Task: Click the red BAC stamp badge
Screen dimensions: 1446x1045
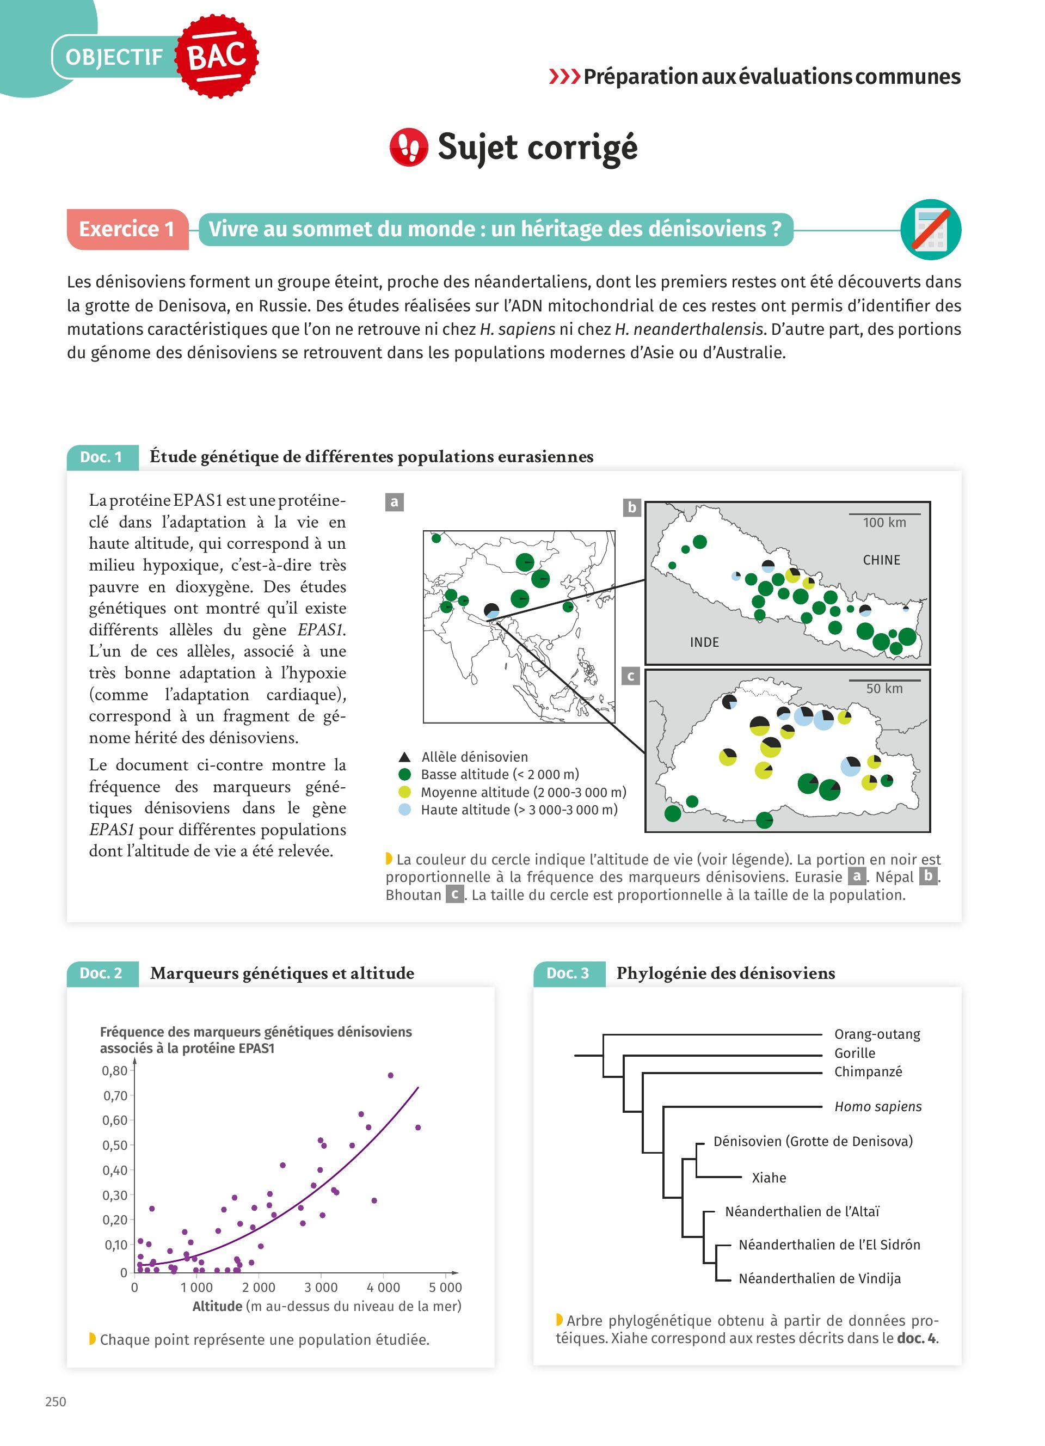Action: tap(217, 56)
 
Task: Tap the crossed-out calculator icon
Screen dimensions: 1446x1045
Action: tap(930, 230)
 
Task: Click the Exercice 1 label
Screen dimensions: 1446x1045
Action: tap(127, 229)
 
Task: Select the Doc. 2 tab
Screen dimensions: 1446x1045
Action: tap(101, 973)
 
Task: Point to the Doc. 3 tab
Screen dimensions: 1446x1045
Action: tap(568, 973)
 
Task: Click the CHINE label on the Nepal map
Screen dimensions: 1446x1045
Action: tap(881, 560)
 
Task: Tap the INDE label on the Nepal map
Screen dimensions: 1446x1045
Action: tap(704, 642)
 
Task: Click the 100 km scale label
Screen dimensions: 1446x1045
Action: tap(884, 522)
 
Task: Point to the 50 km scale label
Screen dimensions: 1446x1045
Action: tap(884, 689)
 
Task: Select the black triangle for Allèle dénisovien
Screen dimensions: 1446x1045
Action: tap(404, 757)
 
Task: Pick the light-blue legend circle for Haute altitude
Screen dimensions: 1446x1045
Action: tap(404, 810)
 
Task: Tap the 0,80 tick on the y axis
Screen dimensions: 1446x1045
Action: tap(115, 1071)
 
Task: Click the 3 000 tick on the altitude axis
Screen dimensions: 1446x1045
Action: tap(321, 1287)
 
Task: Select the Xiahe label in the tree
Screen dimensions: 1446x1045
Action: tap(769, 1178)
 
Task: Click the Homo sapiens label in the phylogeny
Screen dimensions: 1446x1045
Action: tap(878, 1106)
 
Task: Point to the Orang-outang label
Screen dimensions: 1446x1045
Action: tap(877, 1034)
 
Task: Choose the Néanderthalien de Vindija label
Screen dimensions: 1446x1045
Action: tap(820, 1278)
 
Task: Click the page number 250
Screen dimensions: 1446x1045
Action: tap(56, 1401)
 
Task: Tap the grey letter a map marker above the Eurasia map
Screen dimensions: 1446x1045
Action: tap(395, 502)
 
